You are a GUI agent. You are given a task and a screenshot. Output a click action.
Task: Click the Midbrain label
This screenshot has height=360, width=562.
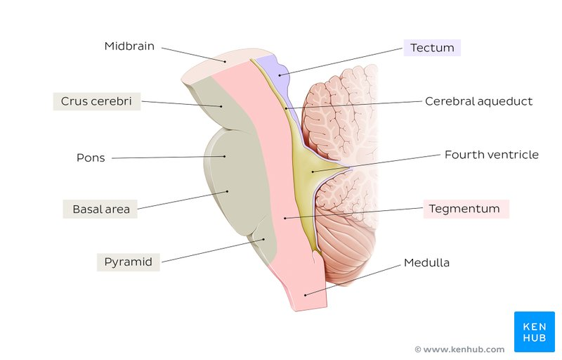pos(129,46)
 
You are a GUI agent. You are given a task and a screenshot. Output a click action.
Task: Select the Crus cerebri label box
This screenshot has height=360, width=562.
pos(97,101)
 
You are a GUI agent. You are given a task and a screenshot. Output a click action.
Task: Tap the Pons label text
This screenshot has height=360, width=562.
pos(91,157)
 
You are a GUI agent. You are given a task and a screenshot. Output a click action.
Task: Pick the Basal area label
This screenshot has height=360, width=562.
pos(100,209)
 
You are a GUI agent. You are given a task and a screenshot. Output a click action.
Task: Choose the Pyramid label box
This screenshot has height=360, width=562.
pos(128,262)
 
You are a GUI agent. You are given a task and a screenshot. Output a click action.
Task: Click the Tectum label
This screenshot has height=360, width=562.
pos(431,48)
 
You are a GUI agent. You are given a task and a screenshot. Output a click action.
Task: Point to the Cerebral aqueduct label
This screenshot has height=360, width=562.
pos(478,101)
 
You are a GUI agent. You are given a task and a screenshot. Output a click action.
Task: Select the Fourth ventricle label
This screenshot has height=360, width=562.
pos(491,155)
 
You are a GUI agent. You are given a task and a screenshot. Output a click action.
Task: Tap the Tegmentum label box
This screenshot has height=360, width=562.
pos(466,209)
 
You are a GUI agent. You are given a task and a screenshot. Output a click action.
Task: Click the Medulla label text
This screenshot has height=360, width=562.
pos(426,263)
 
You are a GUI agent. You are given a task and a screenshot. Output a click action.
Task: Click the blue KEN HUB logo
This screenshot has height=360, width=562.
pos(534,331)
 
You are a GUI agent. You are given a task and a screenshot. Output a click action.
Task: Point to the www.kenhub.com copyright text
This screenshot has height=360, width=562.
pos(459,349)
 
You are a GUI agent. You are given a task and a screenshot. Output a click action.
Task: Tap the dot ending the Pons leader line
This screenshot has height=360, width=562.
pos(225,156)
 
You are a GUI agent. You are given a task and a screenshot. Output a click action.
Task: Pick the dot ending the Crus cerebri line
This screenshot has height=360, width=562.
pos(221,106)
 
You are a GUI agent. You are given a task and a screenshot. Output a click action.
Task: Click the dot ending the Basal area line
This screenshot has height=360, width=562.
pos(227,191)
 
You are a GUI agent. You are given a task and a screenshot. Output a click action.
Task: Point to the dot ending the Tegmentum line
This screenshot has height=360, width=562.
pos(285,218)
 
